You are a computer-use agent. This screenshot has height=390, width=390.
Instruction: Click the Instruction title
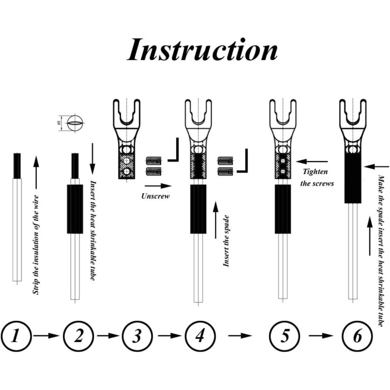(202, 50)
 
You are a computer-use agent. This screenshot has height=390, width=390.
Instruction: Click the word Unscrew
(155, 196)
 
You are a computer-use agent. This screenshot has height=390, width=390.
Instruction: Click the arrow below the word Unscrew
(155, 184)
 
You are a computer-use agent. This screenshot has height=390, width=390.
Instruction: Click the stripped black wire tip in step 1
(17, 165)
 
